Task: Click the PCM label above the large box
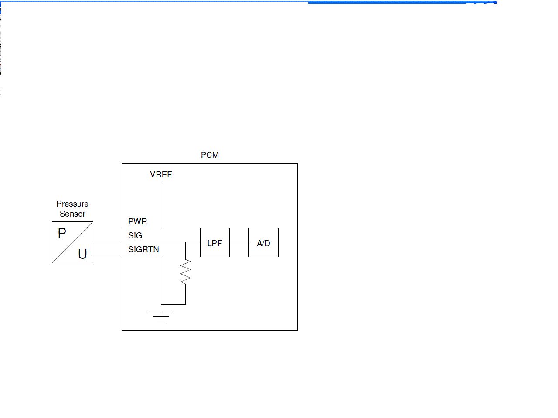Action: [210, 155]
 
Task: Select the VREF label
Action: [161, 174]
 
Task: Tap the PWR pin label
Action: [137, 221]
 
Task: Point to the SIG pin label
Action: [135, 235]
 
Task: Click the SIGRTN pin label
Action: [143, 249]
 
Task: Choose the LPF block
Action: [215, 242]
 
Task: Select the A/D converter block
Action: [263, 242]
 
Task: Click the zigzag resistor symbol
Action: [186, 272]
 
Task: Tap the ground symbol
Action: [161, 316]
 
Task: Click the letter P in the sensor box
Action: [62, 233]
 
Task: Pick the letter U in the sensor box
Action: [82, 254]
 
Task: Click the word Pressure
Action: [72, 204]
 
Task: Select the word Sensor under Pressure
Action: [72, 214]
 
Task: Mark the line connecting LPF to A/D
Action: [239, 242]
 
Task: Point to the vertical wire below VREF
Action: [161, 205]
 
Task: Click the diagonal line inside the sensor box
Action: [72, 242]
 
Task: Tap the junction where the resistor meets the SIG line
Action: [186, 242]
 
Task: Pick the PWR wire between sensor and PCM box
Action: [107, 228]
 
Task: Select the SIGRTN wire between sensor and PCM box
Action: [107, 257]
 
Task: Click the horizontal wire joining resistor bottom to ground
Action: [174, 304]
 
